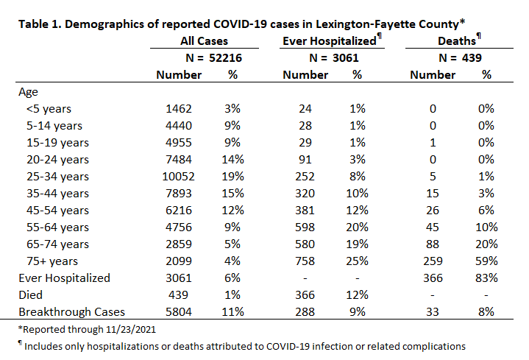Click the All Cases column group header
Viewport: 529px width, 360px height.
204,41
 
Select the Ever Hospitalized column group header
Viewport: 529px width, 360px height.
330,41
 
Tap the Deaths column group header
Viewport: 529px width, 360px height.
456,41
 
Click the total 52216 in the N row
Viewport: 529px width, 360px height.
225,57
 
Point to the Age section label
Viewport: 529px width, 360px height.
29,92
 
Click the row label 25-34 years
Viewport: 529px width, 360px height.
57,177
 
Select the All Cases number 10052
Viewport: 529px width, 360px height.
179,176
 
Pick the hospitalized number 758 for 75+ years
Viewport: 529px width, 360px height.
305,261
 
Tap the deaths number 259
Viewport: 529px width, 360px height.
433,261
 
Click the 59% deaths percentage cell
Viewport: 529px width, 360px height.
486,261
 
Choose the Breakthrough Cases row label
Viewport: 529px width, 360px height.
71,311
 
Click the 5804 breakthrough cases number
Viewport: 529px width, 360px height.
179,311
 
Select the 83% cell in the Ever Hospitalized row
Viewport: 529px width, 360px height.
486,278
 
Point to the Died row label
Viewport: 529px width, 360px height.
30,294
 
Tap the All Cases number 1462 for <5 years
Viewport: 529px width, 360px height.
179,109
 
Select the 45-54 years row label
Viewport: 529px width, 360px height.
57,211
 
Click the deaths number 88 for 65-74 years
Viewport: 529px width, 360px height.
433,244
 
